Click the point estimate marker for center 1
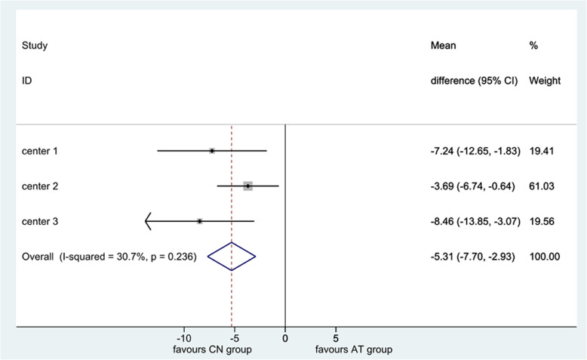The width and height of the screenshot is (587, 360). (x=212, y=151)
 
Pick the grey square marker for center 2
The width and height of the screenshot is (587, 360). (x=247, y=186)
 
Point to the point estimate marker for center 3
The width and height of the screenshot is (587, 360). (x=199, y=221)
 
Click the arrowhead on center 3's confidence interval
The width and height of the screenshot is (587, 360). (x=148, y=221)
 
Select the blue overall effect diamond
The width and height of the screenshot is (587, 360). (x=232, y=257)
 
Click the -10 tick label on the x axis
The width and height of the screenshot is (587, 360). (x=183, y=339)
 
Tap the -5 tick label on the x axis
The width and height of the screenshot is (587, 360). (x=235, y=339)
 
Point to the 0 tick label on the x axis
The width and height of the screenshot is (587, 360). (x=285, y=339)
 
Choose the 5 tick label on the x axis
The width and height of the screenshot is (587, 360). (x=336, y=339)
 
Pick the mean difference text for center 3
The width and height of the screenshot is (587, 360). (x=472, y=221)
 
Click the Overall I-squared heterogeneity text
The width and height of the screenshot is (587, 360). (x=110, y=257)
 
